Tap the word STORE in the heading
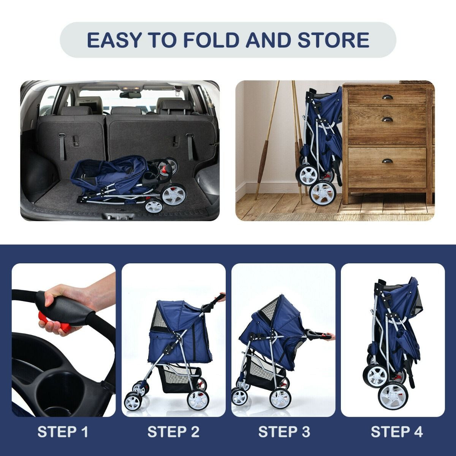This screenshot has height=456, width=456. (333, 40)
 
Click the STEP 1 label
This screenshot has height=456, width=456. (63, 432)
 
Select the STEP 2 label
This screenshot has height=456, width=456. (173, 432)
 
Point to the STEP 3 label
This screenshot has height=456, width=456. (284, 432)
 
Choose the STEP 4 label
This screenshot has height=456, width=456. (396, 432)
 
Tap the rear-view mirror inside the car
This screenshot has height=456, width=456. (130, 95)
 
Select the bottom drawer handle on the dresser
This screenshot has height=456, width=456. (388, 161)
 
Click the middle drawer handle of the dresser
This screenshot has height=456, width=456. (388, 120)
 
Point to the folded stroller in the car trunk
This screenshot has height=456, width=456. (125, 180)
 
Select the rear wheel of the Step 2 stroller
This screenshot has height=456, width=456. (198, 399)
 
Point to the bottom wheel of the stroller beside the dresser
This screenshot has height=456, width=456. (322, 192)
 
